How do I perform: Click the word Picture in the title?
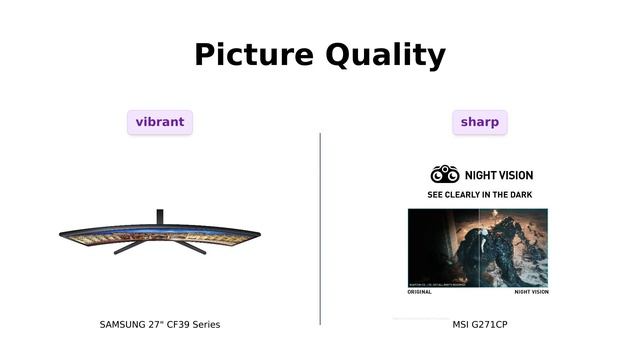[254, 54]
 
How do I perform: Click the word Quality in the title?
[385, 54]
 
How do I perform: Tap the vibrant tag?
[160, 122]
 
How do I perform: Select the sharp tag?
[480, 122]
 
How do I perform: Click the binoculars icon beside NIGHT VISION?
[445, 174]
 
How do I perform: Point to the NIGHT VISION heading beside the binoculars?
[496, 175]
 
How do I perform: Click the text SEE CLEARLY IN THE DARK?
[480, 195]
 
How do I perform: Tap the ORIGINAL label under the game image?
[420, 292]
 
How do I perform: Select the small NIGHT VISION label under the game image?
[531, 292]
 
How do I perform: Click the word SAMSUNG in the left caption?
[122, 325]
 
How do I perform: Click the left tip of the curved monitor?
[63, 235]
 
